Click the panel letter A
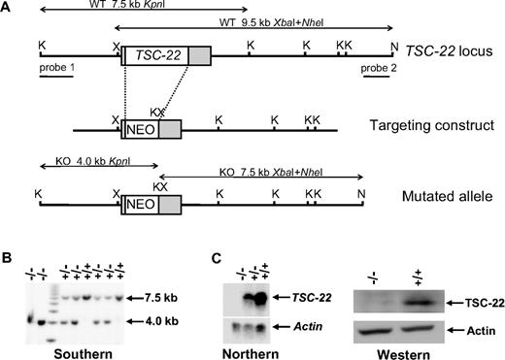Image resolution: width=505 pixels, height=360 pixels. (x=9, y=8)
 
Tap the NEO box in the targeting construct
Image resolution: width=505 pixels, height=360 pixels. (x=139, y=128)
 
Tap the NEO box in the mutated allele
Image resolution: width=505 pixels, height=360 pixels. (x=140, y=204)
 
